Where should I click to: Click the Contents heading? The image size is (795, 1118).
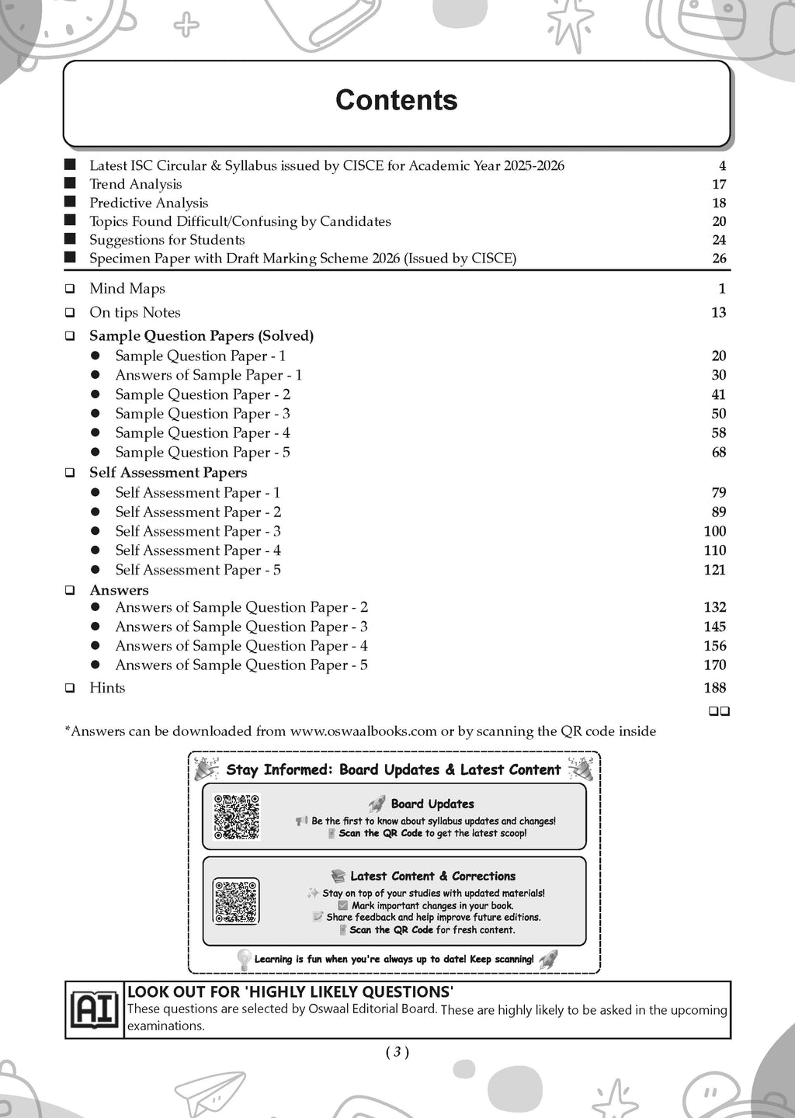(x=396, y=100)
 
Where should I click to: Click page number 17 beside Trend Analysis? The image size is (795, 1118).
(x=719, y=184)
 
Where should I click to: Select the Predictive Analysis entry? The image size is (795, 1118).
(x=148, y=203)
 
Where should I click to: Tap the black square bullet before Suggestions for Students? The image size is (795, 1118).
(x=71, y=239)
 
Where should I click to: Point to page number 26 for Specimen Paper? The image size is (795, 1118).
(x=719, y=259)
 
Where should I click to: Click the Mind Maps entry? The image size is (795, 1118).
(x=127, y=289)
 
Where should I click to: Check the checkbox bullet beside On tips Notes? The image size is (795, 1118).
(x=71, y=313)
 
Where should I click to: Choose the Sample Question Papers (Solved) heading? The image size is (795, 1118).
(x=201, y=335)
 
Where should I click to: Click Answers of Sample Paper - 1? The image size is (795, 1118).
(x=208, y=375)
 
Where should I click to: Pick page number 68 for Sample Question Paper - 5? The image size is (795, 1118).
(x=719, y=452)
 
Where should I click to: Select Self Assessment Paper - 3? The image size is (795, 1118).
(x=198, y=531)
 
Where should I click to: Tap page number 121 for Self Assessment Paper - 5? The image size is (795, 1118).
(x=714, y=570)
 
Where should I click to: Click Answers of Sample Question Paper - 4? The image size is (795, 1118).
(x=241, y=646)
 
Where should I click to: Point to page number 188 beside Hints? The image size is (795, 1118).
(x=714, y=688)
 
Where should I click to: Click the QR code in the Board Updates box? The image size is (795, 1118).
(x=236, y=817)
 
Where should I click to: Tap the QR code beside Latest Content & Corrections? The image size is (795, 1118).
(x=236, y=901)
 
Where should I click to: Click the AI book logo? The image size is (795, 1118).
(x=94, y=1010)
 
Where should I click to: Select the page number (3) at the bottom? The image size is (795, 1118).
(x=397, y=1053)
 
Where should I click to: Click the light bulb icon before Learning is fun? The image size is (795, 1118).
(x=244, y=960)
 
